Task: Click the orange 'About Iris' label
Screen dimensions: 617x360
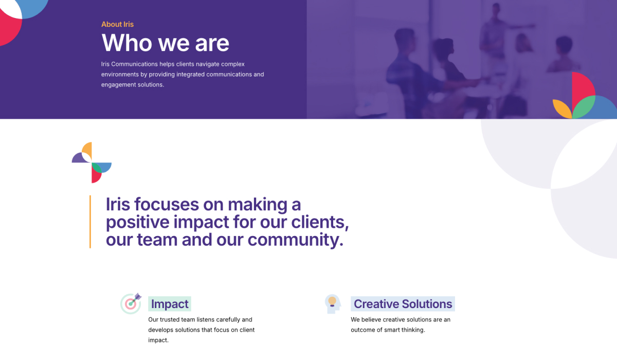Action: click(117, 24)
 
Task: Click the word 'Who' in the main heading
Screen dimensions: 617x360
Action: click(126, 43)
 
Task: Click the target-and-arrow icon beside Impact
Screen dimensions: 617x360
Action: click(131, 303)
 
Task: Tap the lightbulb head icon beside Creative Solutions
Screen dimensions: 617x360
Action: click(333, 304)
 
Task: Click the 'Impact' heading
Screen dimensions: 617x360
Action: click(170, 304)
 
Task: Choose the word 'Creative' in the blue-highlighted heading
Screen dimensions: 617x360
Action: click(376, 304)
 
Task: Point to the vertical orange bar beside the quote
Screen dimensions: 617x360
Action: click(90, 222)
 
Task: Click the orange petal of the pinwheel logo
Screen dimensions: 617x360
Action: click(87, 150)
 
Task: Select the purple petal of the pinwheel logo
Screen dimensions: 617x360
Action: click(79, 158)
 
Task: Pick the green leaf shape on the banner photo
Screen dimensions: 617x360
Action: click(584, 107)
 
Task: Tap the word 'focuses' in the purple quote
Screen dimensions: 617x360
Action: click(167, 204)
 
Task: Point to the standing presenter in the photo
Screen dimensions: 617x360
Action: click(496, 36)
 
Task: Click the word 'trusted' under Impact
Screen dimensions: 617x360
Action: click(170, 319)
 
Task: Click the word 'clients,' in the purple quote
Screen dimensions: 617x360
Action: click(320, 222)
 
